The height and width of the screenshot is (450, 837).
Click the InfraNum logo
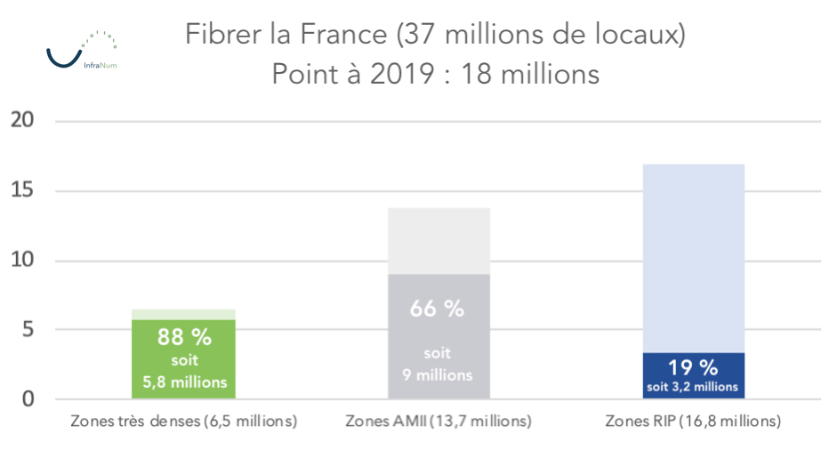pos(81,52)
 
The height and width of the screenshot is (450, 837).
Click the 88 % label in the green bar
pos(184,338)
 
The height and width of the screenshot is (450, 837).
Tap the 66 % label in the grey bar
pos(437,309)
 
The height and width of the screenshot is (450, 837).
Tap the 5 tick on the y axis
pos(28,329)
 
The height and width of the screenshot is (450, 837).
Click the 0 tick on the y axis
pos(28,398)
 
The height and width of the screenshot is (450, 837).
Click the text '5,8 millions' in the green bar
pos(184,382)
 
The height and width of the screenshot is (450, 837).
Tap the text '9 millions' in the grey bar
pos(437,375)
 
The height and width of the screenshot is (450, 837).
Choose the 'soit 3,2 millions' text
pos(693,387)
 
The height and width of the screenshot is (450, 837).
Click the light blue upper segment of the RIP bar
pos(693,258)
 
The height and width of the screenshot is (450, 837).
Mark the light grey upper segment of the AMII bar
pos(438,240)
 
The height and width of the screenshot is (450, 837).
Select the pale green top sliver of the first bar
pos(184,314)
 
